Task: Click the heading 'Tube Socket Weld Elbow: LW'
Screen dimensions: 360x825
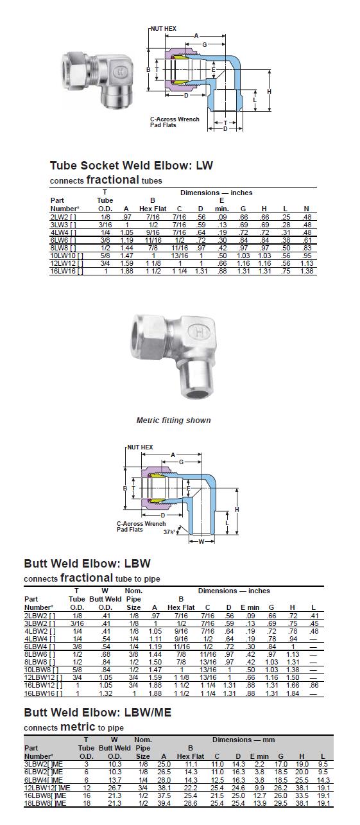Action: pyautogui.click(x=132, y=166)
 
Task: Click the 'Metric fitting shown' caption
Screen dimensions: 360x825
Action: pyautogui.click(x=173, y=421)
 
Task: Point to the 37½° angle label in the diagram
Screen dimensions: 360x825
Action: pyautogui.click(x=169, y=532)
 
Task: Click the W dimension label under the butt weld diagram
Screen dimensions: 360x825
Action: pyautogui.click(x=201, y=541)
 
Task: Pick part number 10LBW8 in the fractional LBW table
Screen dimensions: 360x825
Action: pyautogui.click(x=41, y=670)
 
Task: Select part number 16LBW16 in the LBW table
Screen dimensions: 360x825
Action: pyautogui.click(x=43, y=693)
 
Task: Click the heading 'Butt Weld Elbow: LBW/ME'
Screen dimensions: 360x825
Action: pyautogui.click(x=98, y=713)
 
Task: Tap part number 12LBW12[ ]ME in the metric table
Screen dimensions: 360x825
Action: pyautogui.click(x=47, y=788)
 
